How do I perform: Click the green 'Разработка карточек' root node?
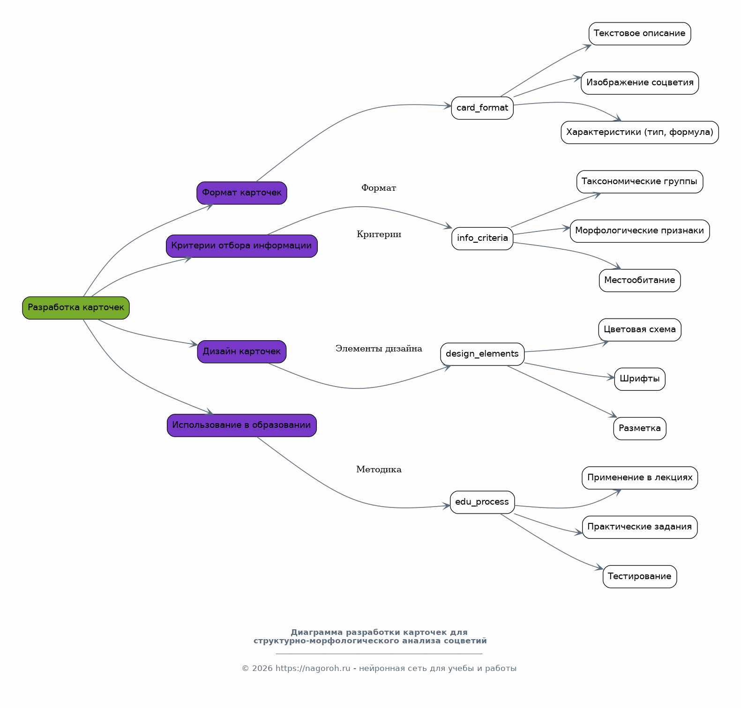pos(76,308)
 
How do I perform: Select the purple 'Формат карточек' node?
pos(242,193)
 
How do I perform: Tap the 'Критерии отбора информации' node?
pos(242,246)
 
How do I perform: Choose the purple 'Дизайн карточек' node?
pos(242,352)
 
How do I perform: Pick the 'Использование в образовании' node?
pos(242,425)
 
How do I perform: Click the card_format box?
pos(482,108)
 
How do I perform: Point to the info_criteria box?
pos(482,238)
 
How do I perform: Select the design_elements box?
pos(482,354)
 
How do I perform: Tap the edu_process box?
pos(482,502)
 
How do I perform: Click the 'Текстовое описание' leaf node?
pos(640,34)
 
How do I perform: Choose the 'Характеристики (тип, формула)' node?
pos(640,133)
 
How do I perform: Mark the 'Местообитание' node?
pos(640,281)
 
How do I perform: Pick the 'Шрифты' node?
pos(640,379)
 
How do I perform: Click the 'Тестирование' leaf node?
pos(640,577)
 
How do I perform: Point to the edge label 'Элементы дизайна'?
pos(379,349)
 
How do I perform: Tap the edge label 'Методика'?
pos(379,470)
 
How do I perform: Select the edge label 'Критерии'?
pos(379,234)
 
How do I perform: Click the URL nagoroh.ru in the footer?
pos(313,669)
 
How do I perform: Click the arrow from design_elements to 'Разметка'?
pos(562,391)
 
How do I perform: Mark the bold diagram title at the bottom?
pos(370,637)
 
